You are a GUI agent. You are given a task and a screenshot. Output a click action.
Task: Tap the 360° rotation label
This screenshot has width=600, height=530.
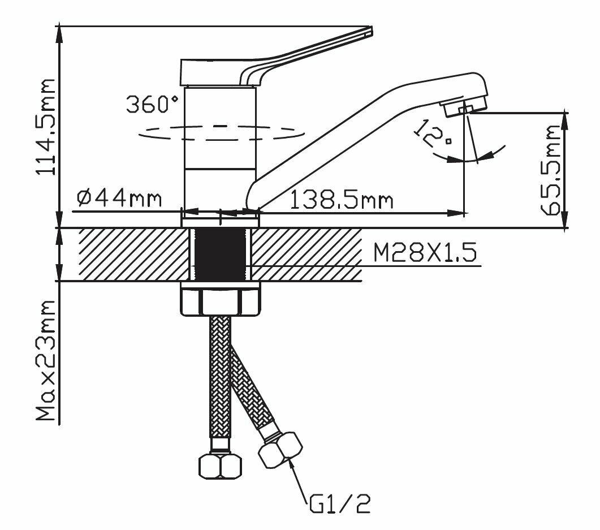[x=152, y=105]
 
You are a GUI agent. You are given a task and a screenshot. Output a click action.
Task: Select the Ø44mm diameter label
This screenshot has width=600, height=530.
[x=118, y=199]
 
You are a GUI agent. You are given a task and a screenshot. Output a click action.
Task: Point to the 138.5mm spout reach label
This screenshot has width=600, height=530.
[x=341, y=200]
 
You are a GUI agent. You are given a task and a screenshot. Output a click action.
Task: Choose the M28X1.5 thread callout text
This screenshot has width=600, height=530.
[x=425, y=253]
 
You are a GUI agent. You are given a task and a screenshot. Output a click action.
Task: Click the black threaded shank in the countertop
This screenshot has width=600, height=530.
[x=221, y=254]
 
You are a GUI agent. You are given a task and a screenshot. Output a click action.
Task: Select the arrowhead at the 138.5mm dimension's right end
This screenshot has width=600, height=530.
[x=458, y=213]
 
